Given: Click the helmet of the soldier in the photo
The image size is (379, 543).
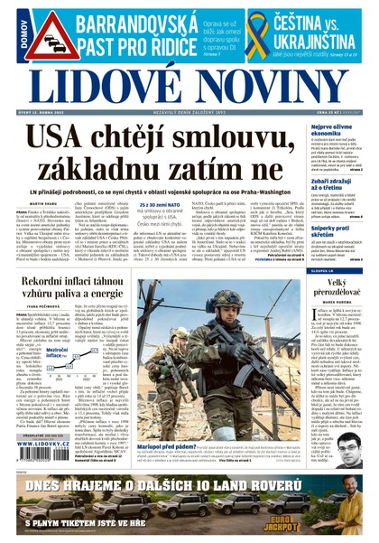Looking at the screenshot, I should [x=225, y=297].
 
